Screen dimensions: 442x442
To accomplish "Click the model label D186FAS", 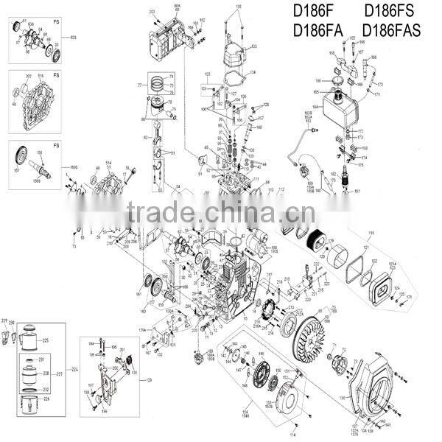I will click(x=396, y=31).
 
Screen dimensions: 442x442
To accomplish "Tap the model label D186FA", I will click(x=315, y=31).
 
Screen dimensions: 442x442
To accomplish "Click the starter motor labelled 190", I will click(x=261, y=242).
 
